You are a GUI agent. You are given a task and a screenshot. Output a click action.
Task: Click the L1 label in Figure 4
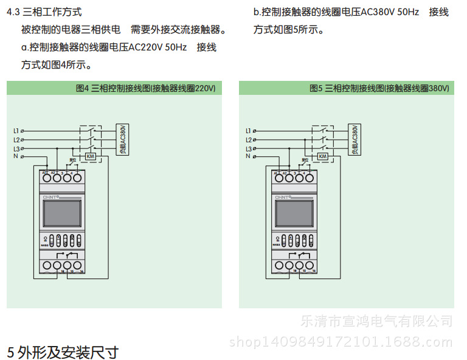tap(16, 131)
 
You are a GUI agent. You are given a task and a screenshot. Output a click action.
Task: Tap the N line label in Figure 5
tap(248, 156)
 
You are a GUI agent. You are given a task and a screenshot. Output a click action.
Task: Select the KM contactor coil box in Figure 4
tap(91, 156)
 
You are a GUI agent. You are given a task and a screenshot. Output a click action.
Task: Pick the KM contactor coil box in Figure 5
tap(323, 156)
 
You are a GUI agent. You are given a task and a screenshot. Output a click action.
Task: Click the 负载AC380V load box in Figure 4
tap(122, 139)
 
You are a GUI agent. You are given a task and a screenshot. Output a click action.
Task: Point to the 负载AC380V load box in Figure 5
tap(354, 139)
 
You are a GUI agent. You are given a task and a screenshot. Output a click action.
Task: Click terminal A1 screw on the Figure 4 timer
tap(46, 178)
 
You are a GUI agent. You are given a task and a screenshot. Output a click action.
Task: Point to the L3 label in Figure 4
tap(16, 148)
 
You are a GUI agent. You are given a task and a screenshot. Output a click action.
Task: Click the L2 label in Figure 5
tap(248, 140)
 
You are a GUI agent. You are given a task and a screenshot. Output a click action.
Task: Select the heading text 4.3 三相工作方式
tap(44, 12)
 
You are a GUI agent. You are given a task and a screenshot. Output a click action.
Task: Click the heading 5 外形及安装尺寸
tap(63, 351)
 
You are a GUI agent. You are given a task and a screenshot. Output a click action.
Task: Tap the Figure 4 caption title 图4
tap(83, 88)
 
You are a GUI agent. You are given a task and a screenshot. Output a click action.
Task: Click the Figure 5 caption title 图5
tap(316, 88)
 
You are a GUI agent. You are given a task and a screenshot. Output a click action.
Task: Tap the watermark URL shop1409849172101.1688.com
tap(341, 342)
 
